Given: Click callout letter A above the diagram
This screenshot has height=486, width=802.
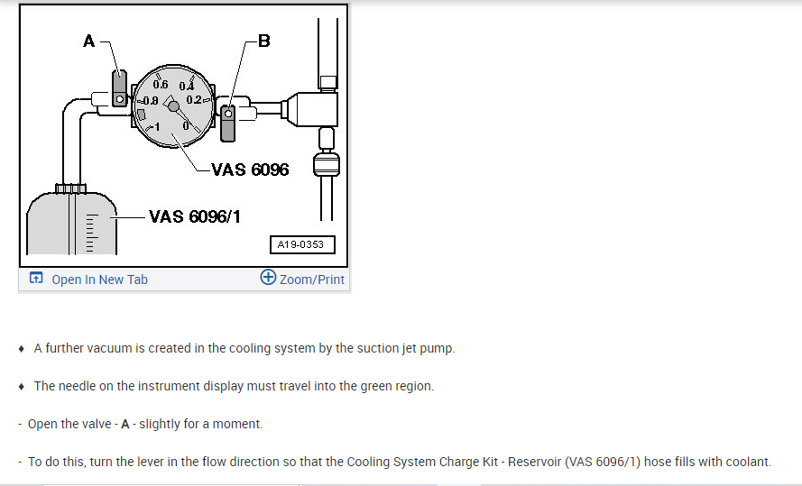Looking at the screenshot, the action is (x=88, y=41).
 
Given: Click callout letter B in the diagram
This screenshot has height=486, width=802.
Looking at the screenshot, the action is (x=263, y=41).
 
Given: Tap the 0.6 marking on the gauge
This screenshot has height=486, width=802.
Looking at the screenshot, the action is (x=161, y=84).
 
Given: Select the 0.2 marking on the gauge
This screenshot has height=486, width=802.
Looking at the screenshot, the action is (x=196, y=99).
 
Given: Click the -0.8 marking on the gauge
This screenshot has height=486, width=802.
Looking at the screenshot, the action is (x=148, y=99).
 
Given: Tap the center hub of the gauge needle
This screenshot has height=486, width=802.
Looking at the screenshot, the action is (x=174, y=106).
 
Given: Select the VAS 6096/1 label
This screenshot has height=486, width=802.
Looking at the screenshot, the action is (x=194, y=216).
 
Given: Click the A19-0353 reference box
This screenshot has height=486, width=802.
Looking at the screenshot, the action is (x=301, y=244).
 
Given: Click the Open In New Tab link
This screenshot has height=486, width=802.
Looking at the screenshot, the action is (x=99, y=280).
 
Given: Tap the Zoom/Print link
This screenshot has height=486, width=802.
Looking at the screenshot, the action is (x=312, y=280).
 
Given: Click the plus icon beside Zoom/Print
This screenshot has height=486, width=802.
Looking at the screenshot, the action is (x=268, y=278).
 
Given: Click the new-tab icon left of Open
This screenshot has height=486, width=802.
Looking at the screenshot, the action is (x=36, y=279).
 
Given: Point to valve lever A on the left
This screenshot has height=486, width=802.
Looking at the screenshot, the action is (x=118, y=88).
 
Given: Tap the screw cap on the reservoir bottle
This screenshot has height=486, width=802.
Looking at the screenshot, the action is (x=70, y=188).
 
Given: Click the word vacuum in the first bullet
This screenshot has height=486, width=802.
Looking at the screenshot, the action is (x=106, y=348).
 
